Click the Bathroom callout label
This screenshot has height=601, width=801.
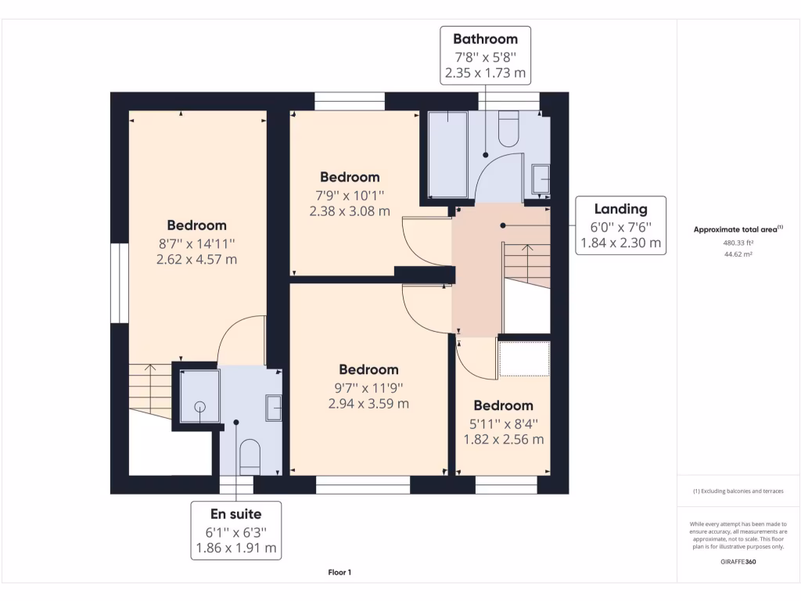[485, 56]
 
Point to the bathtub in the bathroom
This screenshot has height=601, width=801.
[447, 153]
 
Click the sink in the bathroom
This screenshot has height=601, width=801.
[541, 179]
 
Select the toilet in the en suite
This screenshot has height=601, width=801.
[250, 456]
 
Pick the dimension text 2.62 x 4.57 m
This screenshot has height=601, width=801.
[196, 259]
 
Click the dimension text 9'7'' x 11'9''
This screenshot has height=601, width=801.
[368, 387]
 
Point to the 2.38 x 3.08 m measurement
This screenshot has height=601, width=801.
[349, 211]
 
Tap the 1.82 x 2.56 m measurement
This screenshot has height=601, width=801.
[503, 439]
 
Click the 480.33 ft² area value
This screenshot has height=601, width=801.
[738, 243]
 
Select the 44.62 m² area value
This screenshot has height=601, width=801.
[738, 254]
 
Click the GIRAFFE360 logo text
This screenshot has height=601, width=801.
[738, 562]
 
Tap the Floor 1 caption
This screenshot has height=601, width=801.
[339, 573]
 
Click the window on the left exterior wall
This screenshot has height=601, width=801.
[119, 283]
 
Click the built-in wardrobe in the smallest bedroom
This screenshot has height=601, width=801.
[525, 359]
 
